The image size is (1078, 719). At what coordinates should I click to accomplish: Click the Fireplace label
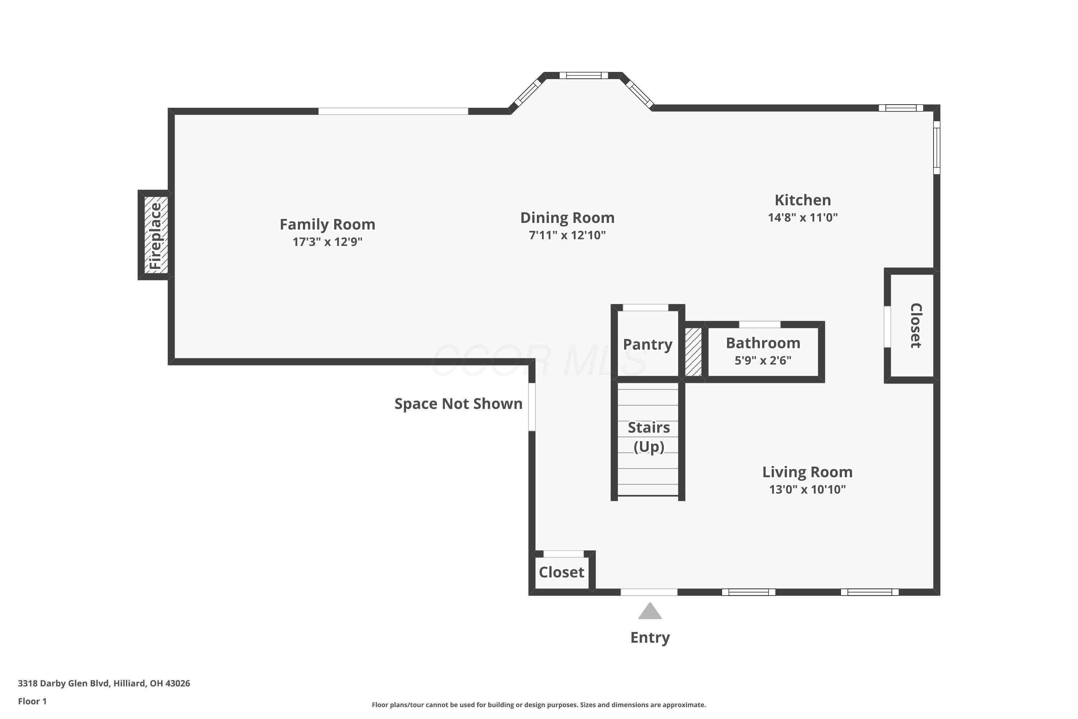click(156, 236)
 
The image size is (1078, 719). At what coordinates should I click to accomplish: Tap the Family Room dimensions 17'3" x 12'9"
click(327, 242)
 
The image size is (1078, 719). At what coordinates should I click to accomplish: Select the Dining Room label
click(567, 217)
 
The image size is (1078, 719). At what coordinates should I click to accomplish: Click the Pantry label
click(648, 344)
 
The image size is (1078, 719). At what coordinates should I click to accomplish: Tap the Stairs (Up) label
click(649, 437)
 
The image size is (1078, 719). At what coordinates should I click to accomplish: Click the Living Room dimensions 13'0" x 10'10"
click(807, 489)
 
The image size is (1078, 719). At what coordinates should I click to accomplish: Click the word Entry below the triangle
click(650, 638)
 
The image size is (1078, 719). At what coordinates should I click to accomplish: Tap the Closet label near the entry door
click(561, 572)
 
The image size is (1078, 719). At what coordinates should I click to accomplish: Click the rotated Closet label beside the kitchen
click(915, 326)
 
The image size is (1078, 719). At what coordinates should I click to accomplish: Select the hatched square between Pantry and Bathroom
click(693, 352)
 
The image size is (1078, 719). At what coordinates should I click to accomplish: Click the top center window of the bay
click(584, 75)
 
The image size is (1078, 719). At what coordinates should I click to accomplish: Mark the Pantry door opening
click(645, 308)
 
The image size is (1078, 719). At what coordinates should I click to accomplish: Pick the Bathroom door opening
click(760, 325)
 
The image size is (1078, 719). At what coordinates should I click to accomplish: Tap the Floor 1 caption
click(32, 701)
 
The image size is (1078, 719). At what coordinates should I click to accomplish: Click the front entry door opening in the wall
click(649, 592)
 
